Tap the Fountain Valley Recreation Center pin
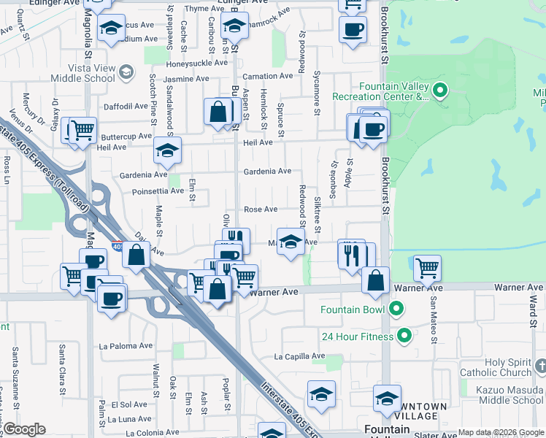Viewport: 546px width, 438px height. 439,91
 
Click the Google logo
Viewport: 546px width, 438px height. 24,429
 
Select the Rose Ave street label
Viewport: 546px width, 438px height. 261,210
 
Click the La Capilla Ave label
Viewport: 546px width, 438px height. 299,357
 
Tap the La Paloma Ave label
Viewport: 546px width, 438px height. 127,346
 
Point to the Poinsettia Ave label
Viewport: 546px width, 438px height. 158,191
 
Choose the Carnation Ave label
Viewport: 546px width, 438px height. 267,77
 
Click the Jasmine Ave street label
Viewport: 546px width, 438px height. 186,79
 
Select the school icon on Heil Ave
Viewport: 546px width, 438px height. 166,150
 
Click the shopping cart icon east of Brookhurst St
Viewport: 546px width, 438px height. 427,268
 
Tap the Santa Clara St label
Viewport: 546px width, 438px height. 63,364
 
